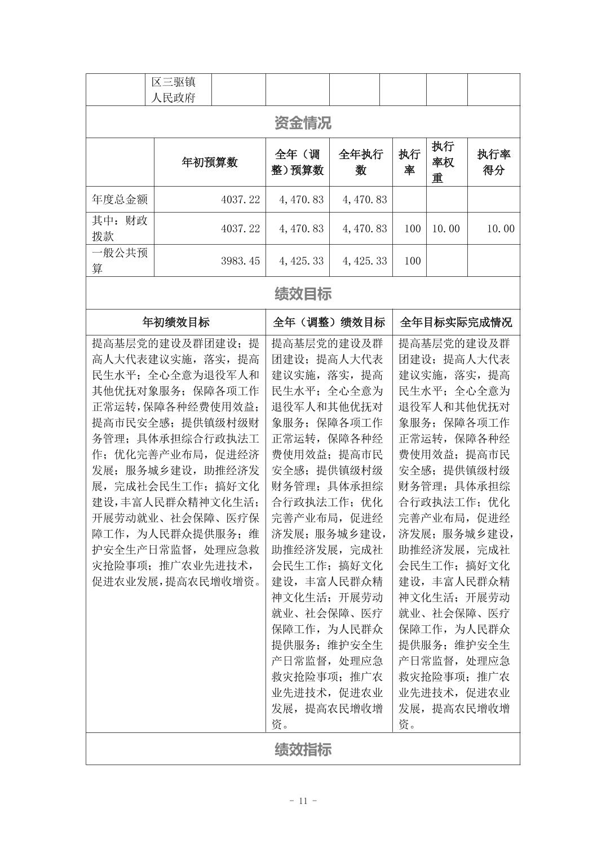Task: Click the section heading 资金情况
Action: [x=303, y=122]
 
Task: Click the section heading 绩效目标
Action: [x=303, y=293]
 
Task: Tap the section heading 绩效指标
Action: [x=303, y=749]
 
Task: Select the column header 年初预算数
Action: [x=210, y=162]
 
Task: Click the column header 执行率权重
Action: [x=443, y=162]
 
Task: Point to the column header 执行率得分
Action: [x=494, y=162]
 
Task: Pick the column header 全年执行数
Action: [x=361, y=162]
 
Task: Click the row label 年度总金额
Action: [x=120, y=200]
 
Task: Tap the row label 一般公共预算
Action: [x=120, y=260]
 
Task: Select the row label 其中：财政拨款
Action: [x=120, y=228]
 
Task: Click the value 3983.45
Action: [x=241, y=261]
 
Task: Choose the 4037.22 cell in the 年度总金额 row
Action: [x=241, y=200]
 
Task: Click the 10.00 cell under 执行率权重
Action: [x=446, y=228]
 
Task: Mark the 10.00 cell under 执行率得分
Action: [x=501, y=228]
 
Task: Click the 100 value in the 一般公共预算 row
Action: [x=413, y=261]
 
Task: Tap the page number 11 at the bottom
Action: [x=303, y=801]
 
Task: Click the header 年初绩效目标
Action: [x=176, y=323]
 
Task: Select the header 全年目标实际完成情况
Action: [x=456, y=323]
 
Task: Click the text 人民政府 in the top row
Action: [x=174, y=98]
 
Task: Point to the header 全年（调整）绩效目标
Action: [x=329, y=323]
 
